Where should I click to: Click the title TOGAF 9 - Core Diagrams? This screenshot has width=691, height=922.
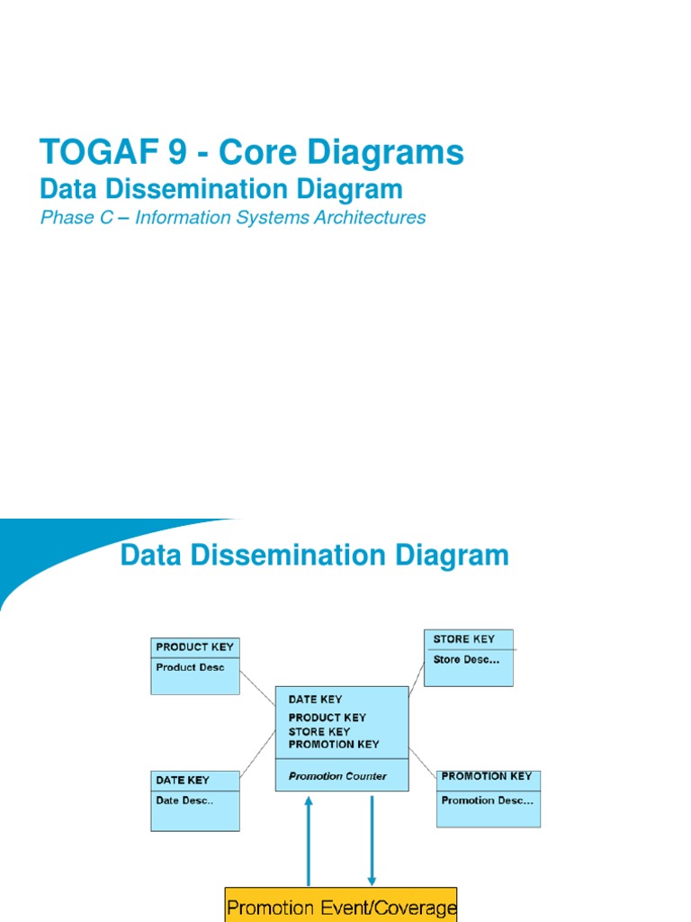[x=252, y=153]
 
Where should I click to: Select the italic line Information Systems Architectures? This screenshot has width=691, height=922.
[x=280, y=218]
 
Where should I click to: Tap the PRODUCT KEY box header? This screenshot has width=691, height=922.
[x=194, y=646]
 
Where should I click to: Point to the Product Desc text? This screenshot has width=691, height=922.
[x=190, y=667]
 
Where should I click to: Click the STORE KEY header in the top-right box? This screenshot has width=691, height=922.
[x=463, y=639]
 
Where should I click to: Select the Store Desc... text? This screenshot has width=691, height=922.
[x=466, y=659]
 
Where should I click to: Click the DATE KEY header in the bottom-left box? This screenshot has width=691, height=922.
[x=183, y=780]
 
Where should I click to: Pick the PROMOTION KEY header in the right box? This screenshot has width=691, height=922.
[x=486, y=776]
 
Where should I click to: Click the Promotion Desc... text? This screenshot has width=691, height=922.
[x=487, y=800]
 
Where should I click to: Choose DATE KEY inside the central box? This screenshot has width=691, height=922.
[x=315, y=699]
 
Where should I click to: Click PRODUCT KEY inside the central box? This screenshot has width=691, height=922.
[x=327, y=718]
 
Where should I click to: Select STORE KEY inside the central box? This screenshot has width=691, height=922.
[x=319, y=731]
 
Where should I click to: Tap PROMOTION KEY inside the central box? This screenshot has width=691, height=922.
[x=333, y=745]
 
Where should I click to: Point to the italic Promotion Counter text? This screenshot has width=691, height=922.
[x=337, y=776]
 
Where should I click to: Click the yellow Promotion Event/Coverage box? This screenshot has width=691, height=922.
[x=341, y=906]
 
